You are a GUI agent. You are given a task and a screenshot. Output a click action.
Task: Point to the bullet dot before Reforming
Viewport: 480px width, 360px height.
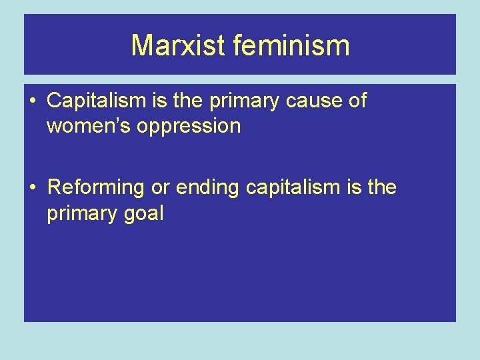tap(33, 189)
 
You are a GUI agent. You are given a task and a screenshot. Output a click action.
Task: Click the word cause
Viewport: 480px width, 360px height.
tap(316, 101)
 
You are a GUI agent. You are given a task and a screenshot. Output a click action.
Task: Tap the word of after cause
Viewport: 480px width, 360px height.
tap(357, 101)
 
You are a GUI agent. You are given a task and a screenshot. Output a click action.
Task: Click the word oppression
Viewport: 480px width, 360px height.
tap(189, 127)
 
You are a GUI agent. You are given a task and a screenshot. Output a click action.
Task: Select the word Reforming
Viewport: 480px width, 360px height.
tap(96, 189)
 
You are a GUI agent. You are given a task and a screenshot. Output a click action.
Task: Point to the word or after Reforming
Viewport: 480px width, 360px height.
tap(161, 189)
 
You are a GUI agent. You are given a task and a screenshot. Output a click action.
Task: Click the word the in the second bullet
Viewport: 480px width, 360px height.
tap(382, 188)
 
